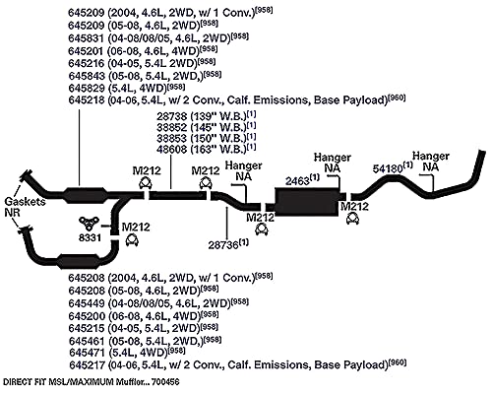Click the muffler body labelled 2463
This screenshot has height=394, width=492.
click(x=307, y=202)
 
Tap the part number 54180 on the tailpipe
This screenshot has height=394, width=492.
click(x=388, y=168)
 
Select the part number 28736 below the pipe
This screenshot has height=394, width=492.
click(x=223, y=245)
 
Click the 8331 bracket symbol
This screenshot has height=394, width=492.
click(x=89, y=223)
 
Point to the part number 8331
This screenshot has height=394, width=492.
click(x=90, y=237)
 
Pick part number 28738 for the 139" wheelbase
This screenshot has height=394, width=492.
click(x=171, y=116)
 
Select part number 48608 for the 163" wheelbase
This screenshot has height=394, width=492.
click(x=171, y=150)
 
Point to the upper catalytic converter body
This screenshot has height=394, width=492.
click(x=86, y=196)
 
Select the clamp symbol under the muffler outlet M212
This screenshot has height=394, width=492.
click(x=352, y=219)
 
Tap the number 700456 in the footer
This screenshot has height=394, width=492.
click(x=165, y=382)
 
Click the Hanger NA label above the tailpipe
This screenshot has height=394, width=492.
click(x=431, y=162)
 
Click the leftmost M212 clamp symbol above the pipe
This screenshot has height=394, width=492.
click(x=146, y=182)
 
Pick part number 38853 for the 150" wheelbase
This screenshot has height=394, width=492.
click(x=171, y=138)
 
